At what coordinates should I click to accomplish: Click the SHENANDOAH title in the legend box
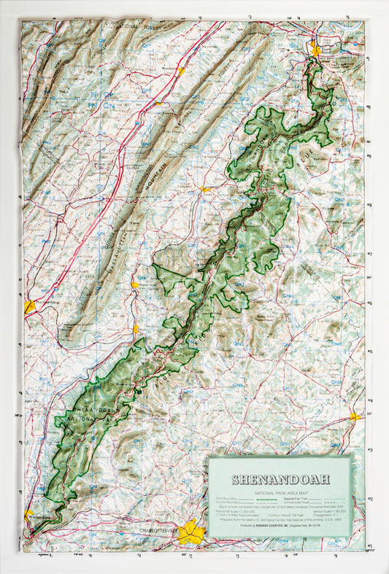point(280,479)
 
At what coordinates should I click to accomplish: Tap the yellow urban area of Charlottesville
point(190,532)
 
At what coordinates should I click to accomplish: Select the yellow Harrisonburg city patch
point(29,307)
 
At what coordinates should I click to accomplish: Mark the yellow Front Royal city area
point(315,50)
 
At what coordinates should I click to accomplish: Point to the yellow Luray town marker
point(205,190)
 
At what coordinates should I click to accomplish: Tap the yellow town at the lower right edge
point(355,416)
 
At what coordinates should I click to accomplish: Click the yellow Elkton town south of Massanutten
point(135,328)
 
